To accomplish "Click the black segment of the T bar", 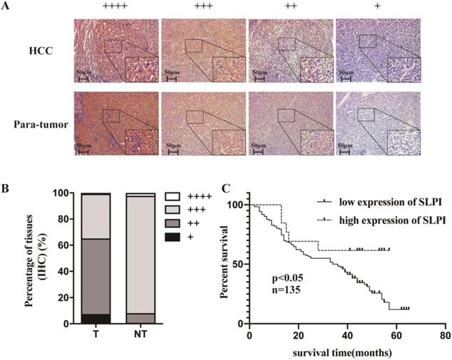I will point(96,319).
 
